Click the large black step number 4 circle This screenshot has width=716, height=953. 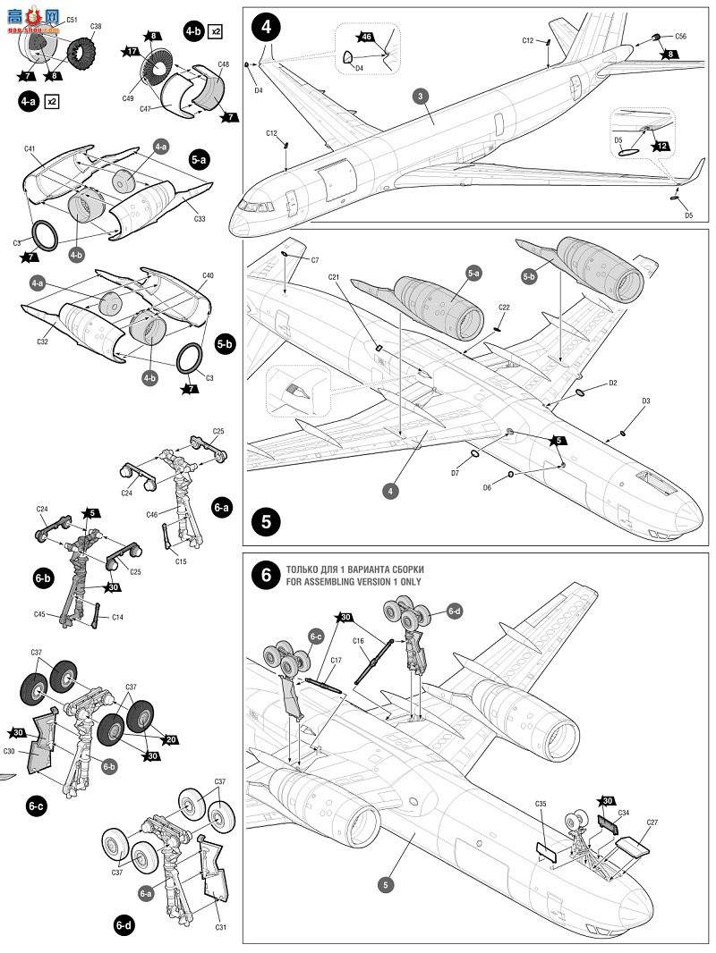point(265,27)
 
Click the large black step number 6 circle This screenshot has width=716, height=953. point(266,577)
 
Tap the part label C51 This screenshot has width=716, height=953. point(72,19)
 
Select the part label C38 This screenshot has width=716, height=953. point(96,26)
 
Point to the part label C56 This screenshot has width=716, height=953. point(680,36)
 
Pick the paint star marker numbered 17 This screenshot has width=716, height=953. point(133,53)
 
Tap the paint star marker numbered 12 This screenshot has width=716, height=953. point(661,145)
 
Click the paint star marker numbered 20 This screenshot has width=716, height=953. point(171,739)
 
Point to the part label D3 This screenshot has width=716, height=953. point(645,402)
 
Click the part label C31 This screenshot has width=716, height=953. point(220,927)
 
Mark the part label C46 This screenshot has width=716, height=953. point(151,515)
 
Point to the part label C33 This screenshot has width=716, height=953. point(199,217)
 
